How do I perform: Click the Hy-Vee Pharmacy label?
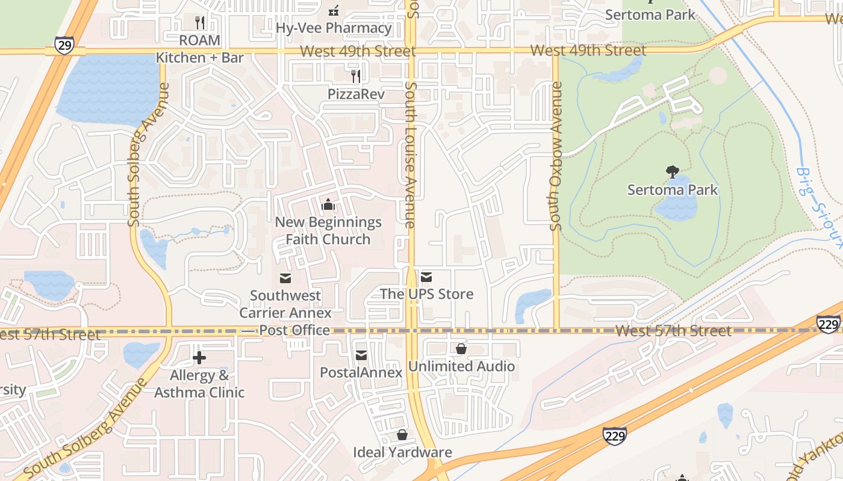334,28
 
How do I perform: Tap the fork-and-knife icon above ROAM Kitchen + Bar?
200,23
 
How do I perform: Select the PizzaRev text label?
356,94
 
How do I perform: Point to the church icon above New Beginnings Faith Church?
328,205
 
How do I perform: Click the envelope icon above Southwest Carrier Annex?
285,278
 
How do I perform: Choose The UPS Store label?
426,294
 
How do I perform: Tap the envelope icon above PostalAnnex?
361,355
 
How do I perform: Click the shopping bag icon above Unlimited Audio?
461,349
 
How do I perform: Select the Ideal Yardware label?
402,452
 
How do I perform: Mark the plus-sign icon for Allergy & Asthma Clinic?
199,358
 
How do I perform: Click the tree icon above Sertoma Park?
673,173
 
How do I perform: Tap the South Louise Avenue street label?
411,155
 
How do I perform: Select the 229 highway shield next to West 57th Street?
829,324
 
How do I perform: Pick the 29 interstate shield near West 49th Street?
64,45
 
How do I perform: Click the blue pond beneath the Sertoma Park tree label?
677,208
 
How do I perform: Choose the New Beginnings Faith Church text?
328,230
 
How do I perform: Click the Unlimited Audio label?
461,366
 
